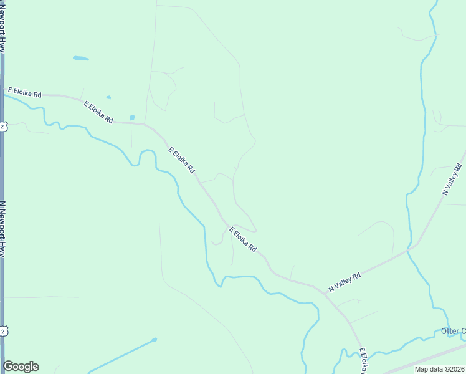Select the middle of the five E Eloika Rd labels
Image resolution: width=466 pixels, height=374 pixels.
(182, 160)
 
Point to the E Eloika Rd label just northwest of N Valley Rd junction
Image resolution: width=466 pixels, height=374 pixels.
(243, 239)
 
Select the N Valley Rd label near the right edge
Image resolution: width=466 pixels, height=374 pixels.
(454, 180)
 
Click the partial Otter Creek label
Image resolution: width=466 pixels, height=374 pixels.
(453, 331)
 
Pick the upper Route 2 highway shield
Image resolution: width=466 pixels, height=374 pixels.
(3, 127)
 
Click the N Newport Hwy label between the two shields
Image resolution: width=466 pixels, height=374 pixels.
(3, 228)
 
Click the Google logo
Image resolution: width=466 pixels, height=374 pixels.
(21, 367)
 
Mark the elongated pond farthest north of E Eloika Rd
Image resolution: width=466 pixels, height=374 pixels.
(80, 59)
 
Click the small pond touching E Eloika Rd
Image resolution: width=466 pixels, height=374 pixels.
(131, 117)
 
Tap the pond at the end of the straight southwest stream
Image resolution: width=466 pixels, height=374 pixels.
(154, 340)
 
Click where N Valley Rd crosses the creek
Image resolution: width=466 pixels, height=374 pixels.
(410, 247)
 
